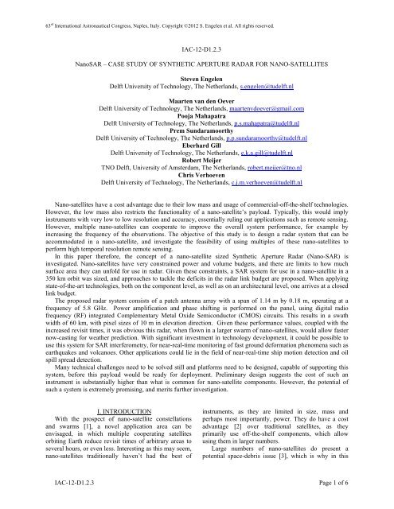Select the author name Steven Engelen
197,77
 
